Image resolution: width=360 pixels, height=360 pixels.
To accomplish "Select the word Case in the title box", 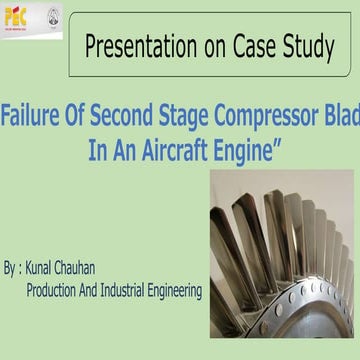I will (x=244, y=45).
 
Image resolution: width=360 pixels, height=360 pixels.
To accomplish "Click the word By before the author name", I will (x=10, y=270).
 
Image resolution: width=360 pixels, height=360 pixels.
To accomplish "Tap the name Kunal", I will (x=53, y=270).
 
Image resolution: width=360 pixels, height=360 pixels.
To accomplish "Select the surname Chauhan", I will (x=104, y=270).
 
